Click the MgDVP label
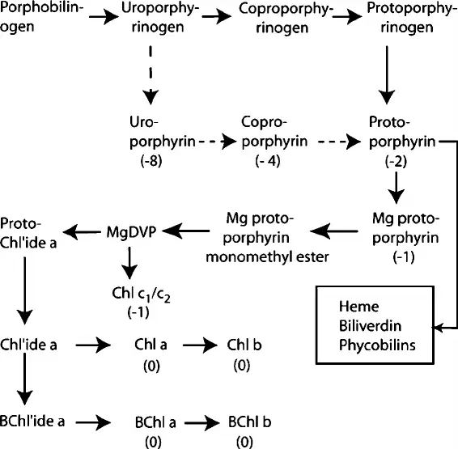pyautogui.click(x=131, y=232)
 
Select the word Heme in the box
pyautogui.click(x=358, y=307)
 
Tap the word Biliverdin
pyautogui.click(x=370, y=325)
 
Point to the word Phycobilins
pyautogui.click(x=377, y=345)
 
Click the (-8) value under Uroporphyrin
pyautogui.click(x=151, y=161)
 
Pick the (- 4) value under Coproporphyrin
pyautogui.click(x=268, y=161)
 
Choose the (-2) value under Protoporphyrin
pyautogui.click(x=396, y=162)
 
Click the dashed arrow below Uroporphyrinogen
pyautogui.click(x=151, y=75)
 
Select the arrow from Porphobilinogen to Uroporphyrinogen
pyautogui.click(x=104, y=17)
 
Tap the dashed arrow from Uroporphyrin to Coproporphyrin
pyautogui.click(x=218, y=142)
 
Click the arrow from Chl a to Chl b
pyautogui.click(x=200, y=345)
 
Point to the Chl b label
pyautogui.click(x=244, y=345)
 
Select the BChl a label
pyautogui.click(x=155, y=422)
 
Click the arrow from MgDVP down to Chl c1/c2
pyautogui.click(x=129, y=263)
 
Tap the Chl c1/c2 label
pyautogui.click(x=141, y=294)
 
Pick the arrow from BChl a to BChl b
pyautogui.click(x=201, y=422)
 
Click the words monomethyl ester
pyautogui.click(x=267, y=257)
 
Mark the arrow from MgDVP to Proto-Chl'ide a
pyautogui.click(x=82, y=232)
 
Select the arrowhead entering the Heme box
pyautogui.click(x=437, y=328)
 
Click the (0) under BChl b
pyautogui.click(x=244, y=442)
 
